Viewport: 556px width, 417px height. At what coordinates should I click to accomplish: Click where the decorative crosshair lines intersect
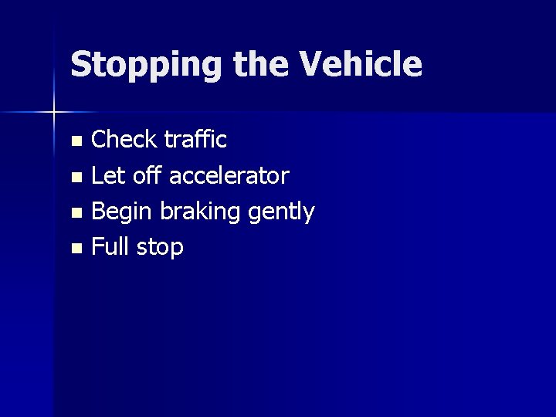point(54,113)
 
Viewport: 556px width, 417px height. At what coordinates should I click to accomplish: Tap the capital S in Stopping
point(81,64)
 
